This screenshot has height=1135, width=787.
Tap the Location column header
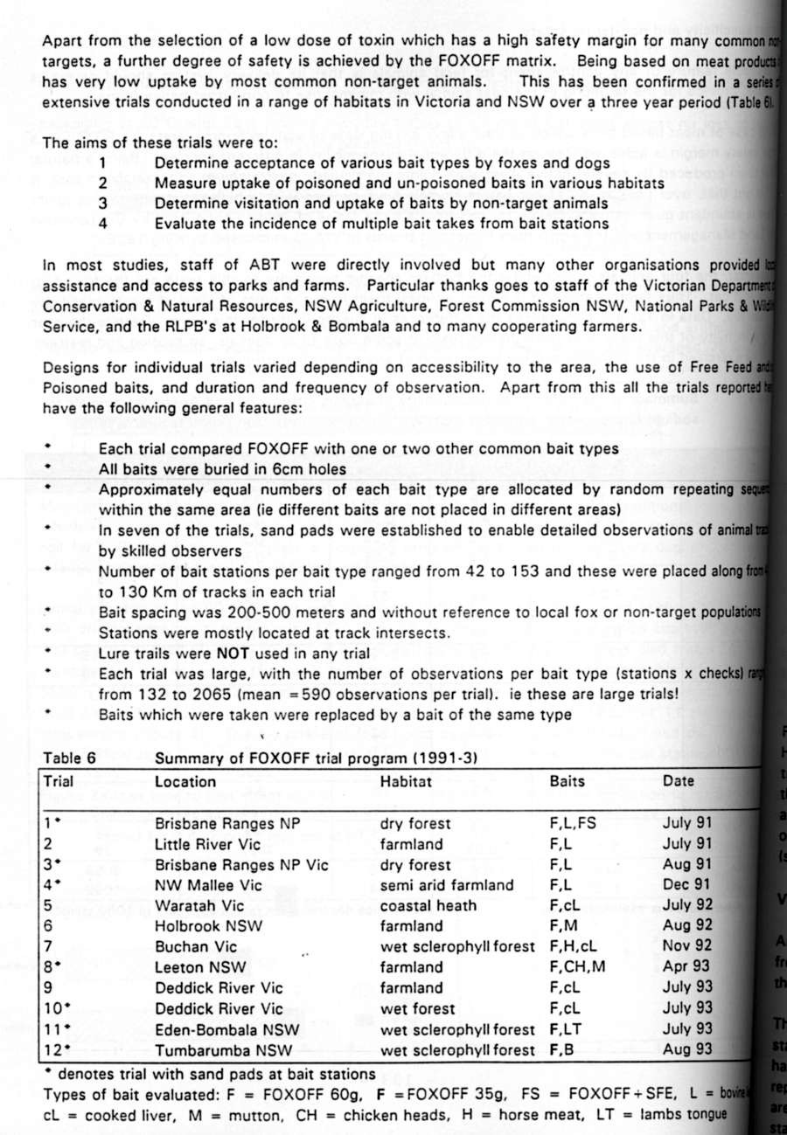tap(185, 782)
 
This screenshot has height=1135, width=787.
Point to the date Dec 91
tap(688, 885)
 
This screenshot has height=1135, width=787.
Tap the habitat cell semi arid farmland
tap(447, 885)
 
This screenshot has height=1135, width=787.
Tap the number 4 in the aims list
tap(102, 224)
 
